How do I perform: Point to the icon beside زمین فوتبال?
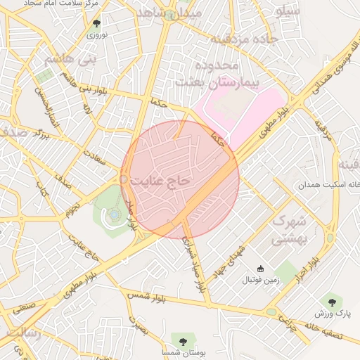(260, 269)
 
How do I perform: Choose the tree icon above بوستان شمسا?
(183, 341)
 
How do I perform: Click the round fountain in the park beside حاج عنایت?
(114, 214)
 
